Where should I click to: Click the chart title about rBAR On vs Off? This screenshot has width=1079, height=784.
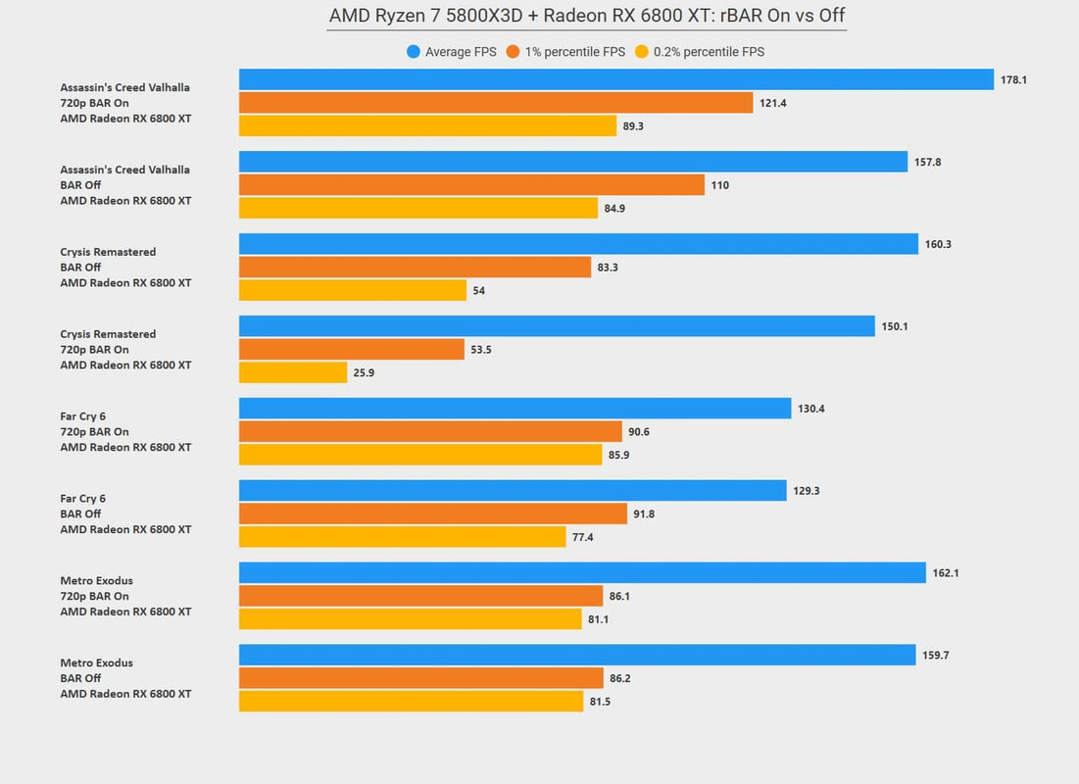click(586, 17)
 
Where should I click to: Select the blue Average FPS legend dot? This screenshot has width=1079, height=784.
click(414, 52)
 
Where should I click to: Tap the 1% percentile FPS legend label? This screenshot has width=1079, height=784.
click(572, 52)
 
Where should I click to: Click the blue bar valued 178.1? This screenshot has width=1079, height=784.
click(616, 79)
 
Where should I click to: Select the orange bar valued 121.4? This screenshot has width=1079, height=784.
click(496, 103)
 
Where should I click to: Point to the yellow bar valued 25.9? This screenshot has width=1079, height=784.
click(293, 372)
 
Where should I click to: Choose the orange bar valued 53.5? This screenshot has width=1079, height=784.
click(352, 349)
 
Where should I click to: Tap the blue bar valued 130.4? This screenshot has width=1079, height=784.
click(515, 409)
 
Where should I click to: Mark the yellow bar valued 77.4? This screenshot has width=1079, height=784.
click(403, 537)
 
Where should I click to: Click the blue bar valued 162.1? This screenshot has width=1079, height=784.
click(582, 572)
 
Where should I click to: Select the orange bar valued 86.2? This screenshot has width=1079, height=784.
click(421, 678)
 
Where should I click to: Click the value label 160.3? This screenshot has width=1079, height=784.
click(937, 244)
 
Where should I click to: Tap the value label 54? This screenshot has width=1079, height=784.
click(478, 291)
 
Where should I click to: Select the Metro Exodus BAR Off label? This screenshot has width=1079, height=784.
click(96, 678)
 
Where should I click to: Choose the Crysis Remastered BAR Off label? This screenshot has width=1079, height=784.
click(108, 267)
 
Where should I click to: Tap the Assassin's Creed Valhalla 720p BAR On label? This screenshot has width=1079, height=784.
click(124, 103)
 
